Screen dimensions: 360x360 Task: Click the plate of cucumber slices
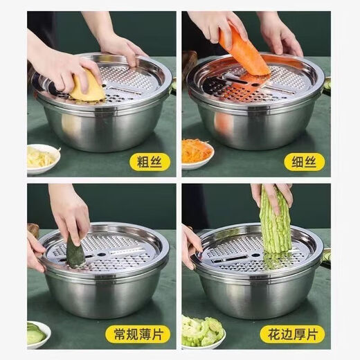point(39,334)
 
